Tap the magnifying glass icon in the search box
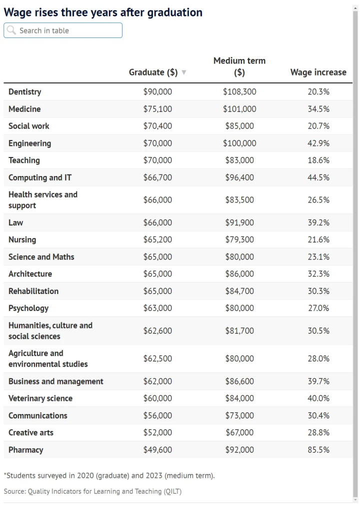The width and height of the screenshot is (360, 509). (x=11, y=30)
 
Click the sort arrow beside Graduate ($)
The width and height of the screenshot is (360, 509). (x=184, y=72)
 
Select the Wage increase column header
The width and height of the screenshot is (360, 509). (x=318, y=72)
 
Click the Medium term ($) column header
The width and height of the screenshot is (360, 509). (x=239, y=66)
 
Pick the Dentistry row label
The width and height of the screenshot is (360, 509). (x=25, y=92)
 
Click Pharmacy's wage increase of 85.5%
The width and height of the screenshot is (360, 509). (x=318, y=450)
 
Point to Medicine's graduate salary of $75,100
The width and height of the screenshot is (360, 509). (x=157, y=109)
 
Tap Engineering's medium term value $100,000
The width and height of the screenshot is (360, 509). (x=239, y=143)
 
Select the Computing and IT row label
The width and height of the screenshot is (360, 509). (x=40, y=177)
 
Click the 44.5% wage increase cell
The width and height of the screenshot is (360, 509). (x=318, y=177)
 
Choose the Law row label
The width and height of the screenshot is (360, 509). (x=16, y=222)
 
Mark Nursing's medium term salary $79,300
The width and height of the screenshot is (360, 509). (x=239, y=239)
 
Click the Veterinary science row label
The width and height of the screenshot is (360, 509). (x=40, y=398)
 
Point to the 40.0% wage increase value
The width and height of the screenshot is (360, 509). (x=318, y=398)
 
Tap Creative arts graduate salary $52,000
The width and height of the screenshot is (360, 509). (x=157, y=432)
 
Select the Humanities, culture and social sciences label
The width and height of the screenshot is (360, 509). (x=50, y=330)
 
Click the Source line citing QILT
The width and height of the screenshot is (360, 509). (x=92, y=491)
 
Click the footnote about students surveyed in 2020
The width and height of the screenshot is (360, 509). (x=109, y=475)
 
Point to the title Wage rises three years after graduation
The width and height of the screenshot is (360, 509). (x=103, y=12)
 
